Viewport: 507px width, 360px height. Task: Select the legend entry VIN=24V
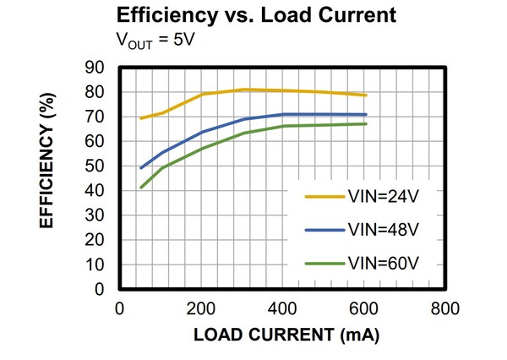383,198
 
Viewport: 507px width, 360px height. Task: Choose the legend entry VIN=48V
383,230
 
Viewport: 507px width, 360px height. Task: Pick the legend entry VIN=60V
383,262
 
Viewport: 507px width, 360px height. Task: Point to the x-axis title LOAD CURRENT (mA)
286,335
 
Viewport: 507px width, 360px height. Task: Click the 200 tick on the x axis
201,308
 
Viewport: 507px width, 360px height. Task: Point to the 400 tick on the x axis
283,308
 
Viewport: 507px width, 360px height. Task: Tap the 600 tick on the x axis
365,308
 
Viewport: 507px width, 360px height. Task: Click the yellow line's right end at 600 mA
365,95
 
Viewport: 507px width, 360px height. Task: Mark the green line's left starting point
140,188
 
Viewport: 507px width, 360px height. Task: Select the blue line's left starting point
140,168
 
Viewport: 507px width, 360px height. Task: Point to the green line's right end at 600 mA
365,124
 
